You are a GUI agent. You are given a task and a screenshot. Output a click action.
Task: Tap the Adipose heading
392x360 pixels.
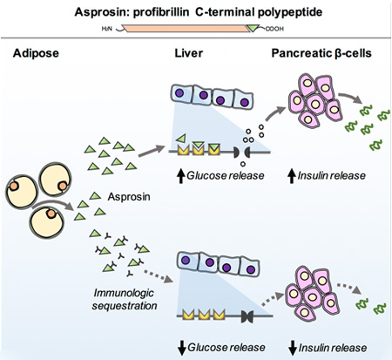tap(36, 53)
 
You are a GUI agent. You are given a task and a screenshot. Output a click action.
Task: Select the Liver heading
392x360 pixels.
tap(188, 53)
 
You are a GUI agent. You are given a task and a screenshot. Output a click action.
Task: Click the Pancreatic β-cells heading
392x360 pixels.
tap(321, 53)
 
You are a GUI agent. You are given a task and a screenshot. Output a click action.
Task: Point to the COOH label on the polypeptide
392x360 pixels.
tap(274, 29)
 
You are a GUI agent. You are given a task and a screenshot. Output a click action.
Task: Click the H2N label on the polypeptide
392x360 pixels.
tap(106, 29)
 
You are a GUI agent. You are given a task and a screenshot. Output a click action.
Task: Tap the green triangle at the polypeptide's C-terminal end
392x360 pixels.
tap(253, 28)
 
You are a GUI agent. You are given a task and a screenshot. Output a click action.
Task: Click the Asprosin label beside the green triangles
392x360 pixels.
tap(129, 197)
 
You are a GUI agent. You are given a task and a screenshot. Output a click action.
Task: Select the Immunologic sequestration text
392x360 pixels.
tap(125, 299)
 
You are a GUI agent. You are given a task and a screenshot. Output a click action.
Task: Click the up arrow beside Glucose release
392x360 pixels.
tap(181, 176)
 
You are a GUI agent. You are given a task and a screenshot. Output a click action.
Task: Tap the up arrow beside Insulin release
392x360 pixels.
tap(292, 176)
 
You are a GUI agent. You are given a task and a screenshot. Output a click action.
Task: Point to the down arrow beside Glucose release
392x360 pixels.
tap(182, 349)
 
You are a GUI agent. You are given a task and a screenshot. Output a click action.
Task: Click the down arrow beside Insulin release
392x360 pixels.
tap(293, 349)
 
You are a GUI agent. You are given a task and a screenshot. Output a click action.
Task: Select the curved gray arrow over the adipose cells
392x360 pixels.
tap(53, 204)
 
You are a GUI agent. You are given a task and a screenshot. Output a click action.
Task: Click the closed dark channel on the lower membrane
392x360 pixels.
tap(247, 316)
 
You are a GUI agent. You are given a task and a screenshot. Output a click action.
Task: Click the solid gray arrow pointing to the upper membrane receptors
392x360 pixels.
tap(152, 151)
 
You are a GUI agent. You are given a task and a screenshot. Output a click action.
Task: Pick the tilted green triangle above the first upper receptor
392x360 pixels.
tap(180, 139)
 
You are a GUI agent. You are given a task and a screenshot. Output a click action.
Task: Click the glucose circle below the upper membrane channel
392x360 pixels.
tap(243, 164)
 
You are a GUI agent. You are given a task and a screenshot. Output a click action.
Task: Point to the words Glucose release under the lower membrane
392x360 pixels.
tap(226, 348)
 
